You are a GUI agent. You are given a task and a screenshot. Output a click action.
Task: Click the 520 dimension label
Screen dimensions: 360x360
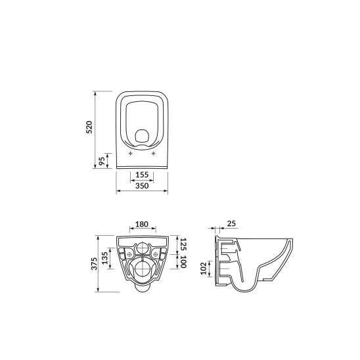(89, 127)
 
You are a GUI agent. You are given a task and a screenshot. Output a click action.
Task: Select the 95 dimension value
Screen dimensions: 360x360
(102, 161)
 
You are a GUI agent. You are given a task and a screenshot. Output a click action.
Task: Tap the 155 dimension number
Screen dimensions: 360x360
(142, 175)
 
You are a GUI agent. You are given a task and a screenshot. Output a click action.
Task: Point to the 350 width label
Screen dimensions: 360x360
(142, 185)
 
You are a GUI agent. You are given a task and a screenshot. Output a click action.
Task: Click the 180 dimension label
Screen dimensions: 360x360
(142, 224)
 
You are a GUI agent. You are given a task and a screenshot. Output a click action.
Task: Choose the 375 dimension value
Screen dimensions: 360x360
(95, 263)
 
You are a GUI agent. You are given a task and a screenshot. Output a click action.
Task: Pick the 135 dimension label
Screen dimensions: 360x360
(104, 258)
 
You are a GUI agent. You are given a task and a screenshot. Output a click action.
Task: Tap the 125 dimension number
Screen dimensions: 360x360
(183, 244)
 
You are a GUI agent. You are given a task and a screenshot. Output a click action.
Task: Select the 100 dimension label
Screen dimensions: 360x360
(183, 261)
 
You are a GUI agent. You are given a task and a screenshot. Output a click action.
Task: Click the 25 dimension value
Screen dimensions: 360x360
(231, 223)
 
